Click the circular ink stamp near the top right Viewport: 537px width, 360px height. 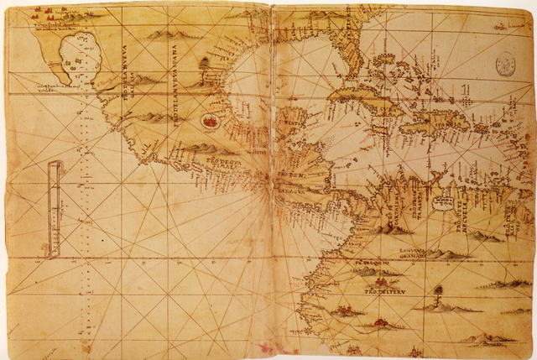[505, 63]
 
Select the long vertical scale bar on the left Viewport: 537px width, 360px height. [55, 208]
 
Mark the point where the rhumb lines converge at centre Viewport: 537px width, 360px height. [268, 178]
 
